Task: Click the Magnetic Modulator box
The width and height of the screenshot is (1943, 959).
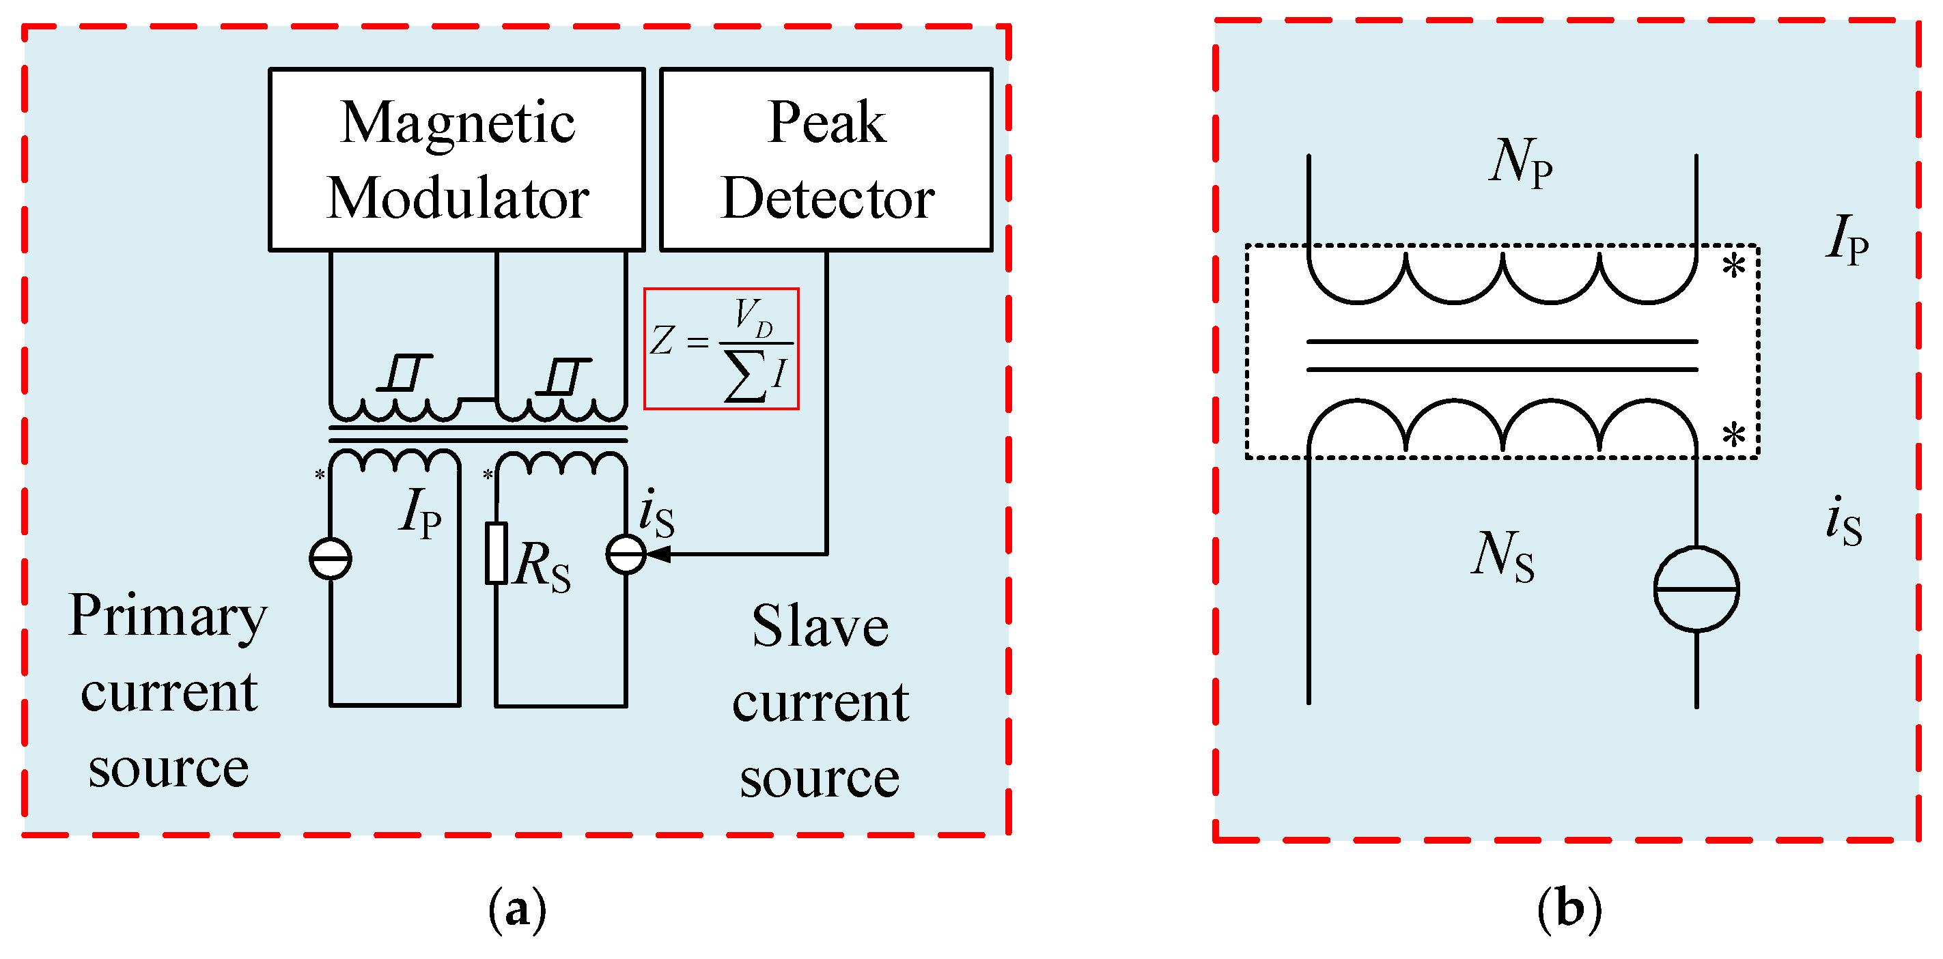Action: [x=456, y=160]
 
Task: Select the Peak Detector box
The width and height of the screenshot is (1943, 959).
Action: [x=826, y=160]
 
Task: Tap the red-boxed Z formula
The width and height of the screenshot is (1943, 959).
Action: [x=721, y=349]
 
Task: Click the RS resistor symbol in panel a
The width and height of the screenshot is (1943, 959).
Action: [x=496, y=554]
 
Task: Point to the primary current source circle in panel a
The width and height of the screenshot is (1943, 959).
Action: [x=331, y=558]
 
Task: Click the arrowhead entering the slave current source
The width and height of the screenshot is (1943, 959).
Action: [x=658, y=554]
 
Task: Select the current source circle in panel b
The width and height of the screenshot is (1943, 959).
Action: [x=1696, y=589]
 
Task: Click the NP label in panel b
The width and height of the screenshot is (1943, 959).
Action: [x=1520, y=162]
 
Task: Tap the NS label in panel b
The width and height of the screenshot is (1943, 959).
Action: [x=1502, y=556]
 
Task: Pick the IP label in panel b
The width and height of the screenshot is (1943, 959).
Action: [x=1847, y=239]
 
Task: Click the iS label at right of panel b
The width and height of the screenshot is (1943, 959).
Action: [x=1843, y=521]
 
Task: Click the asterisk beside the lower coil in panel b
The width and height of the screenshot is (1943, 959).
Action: [x=1733, y=435]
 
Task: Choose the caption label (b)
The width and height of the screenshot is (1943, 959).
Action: [x=1569, y=908]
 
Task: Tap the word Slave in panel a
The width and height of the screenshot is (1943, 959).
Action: [x=820, y=627]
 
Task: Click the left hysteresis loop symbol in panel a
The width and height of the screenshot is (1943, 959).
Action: [x=405, y=373]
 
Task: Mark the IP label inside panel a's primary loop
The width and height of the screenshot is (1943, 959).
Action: [x=421, y=513]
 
